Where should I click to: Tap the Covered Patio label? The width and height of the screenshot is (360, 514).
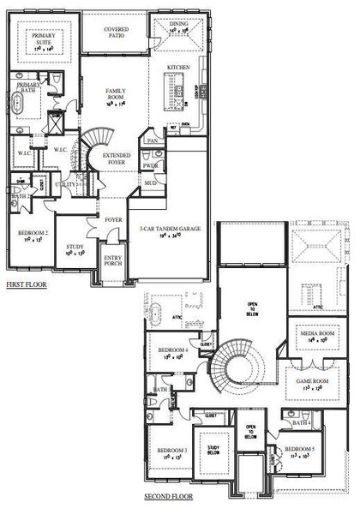tap(117, 31)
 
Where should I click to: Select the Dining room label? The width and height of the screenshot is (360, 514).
tap(178, 26)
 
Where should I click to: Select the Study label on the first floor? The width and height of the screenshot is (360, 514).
tap(75, 249)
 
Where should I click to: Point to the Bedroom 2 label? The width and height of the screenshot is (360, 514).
tap(35, 233)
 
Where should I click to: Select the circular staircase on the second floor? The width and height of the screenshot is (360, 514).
tap(237, 363)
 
